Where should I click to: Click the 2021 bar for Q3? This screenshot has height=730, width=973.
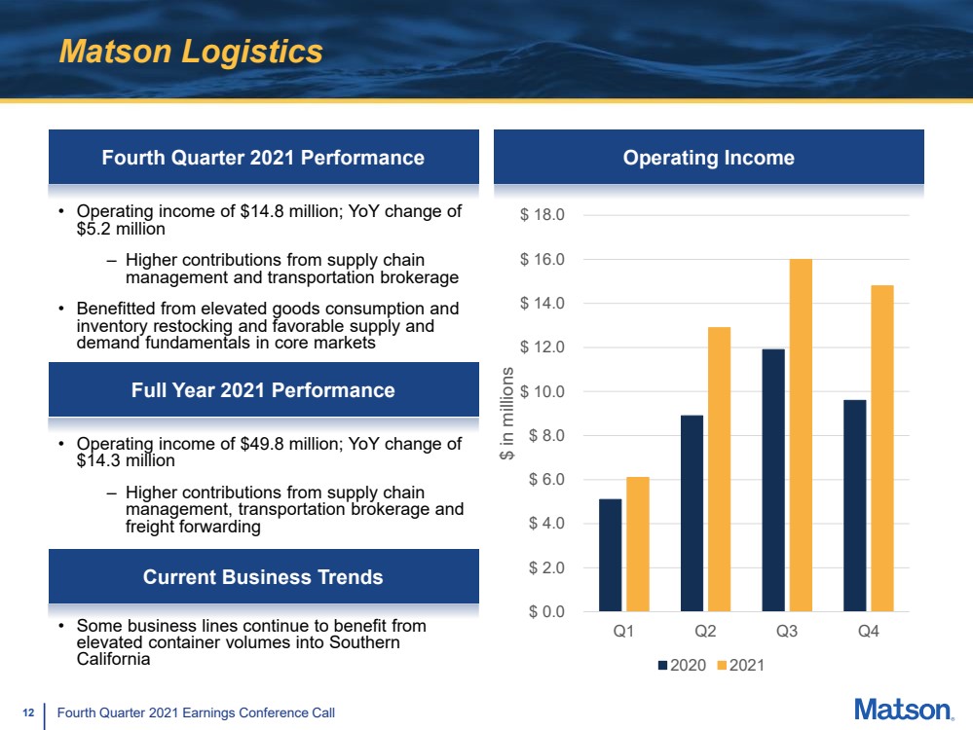pos(801,435)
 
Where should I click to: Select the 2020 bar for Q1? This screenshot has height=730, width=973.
pos(610,555)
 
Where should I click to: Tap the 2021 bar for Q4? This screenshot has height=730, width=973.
pos(881,449)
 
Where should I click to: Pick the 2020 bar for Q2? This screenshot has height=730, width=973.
pos(692,514)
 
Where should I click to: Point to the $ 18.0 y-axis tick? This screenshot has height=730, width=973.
pos(543,214)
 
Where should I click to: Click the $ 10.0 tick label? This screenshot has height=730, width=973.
pos(543,391)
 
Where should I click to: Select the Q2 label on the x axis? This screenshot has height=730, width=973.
pos(705,632)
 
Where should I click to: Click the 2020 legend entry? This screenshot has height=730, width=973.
pos(682,666)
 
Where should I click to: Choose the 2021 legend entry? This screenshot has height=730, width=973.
pos(740,666)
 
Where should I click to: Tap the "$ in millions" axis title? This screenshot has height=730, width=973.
pos(507,413)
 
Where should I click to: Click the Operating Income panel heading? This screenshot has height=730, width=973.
pos(709,158)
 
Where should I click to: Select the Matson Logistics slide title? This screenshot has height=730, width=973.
pos(191,52)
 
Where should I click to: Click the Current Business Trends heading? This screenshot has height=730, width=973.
pos(263,577)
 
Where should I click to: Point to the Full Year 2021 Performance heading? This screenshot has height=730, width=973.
pos(263,390)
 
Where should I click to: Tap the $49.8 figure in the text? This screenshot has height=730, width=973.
pos(262,444)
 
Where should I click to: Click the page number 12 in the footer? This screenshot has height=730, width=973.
pos(28,712)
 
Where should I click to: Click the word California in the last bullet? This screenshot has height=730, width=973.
pos(114,659)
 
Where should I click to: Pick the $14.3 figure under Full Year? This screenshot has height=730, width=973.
pos(98,460)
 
